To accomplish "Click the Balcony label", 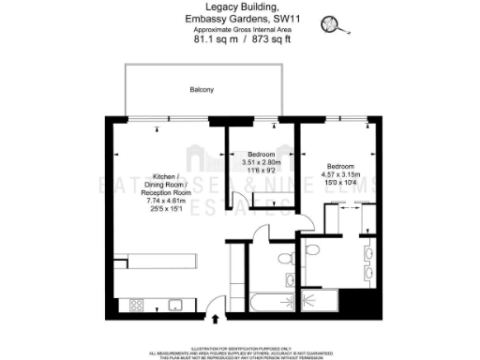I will tap(202, 90).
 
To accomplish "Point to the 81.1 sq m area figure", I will tap(213, 40).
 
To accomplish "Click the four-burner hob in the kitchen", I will tap(136, 305).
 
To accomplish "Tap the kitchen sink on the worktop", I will tap(173, 305).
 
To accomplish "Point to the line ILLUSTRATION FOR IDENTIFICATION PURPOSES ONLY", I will tap(239, 346).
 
